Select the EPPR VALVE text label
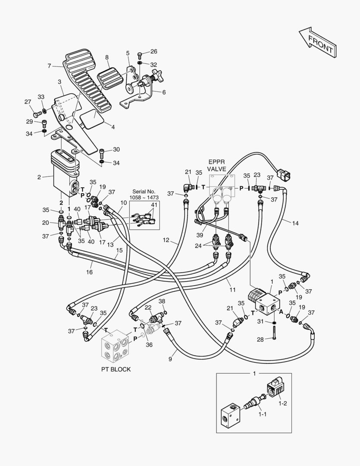[217, 166]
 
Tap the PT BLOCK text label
[116, 369]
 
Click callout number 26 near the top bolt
[153, 51]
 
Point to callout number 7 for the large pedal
[49, 66]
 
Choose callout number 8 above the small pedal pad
[107, 57]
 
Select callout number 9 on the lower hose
[169, 358]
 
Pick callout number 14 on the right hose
[295, 223]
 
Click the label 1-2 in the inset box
[282, 403]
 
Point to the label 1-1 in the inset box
[263, 414]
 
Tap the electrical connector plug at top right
[285, 174]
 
